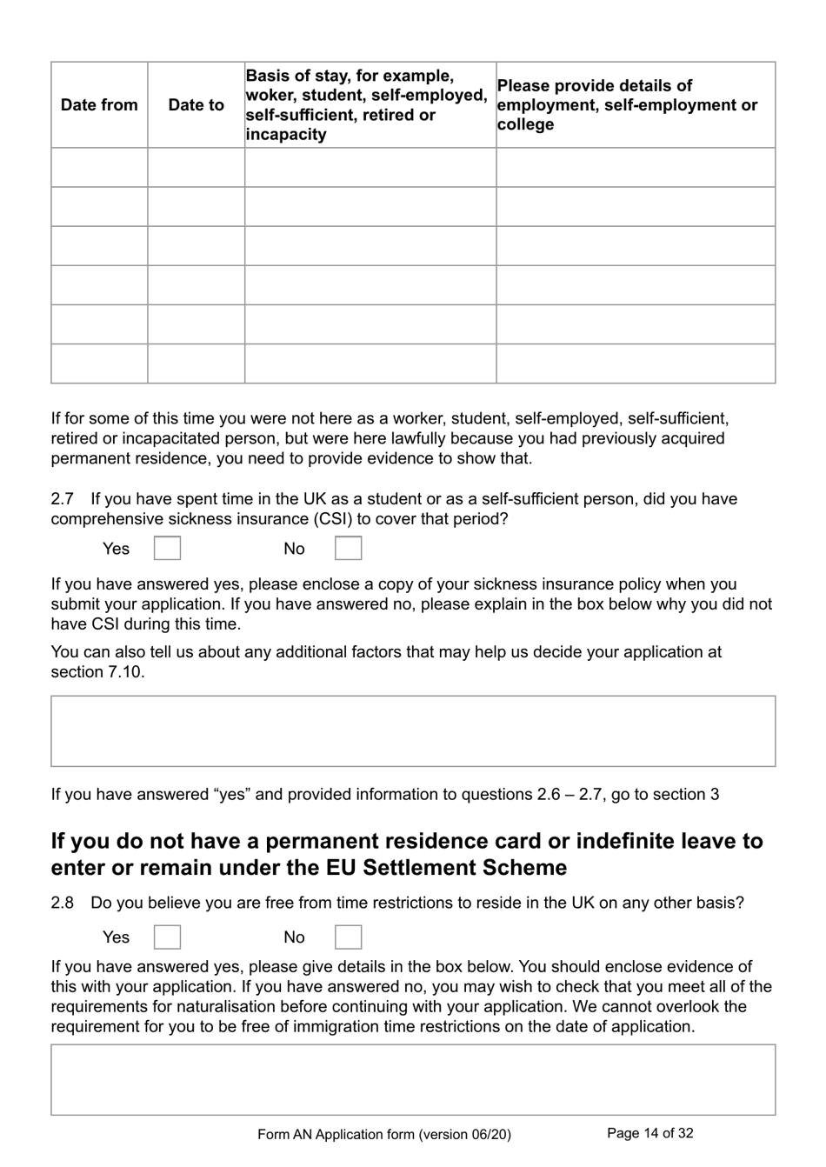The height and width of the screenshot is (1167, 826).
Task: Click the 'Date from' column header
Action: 99,105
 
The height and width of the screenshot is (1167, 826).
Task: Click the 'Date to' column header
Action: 196,105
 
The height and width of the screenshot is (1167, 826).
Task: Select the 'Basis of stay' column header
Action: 366,105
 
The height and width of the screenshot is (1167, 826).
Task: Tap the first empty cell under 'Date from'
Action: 99,167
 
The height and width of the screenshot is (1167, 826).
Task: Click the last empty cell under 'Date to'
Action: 196,363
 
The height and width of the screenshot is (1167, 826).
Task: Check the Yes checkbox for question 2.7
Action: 167,549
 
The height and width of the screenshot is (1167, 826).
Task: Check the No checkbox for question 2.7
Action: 348,549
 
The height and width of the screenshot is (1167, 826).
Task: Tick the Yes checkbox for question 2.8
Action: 167,937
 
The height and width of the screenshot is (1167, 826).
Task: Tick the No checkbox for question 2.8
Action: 348,937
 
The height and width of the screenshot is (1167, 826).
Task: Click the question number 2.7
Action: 62,499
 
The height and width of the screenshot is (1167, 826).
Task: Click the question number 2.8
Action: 62,903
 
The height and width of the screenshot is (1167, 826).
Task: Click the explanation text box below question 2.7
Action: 413,730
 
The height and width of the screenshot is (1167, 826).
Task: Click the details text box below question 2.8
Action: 413,1079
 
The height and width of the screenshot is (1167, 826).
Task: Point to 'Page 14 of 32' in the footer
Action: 649,1133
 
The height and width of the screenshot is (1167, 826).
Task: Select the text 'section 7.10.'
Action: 97,672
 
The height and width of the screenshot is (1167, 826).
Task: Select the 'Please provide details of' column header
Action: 595,86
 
